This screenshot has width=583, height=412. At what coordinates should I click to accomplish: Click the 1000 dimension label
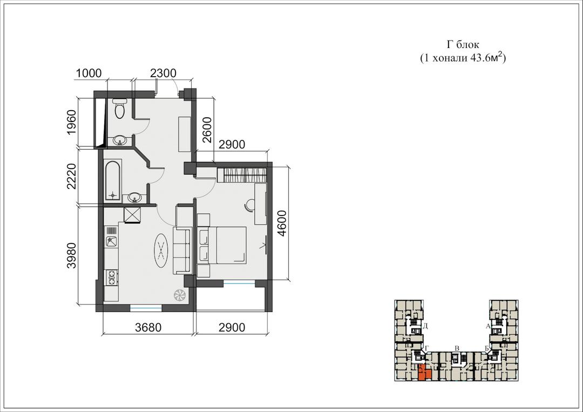tap(89, 73)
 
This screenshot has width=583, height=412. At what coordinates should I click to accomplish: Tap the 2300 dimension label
tap(163, 73)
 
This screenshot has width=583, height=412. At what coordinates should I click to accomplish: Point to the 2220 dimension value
tap(72, 176)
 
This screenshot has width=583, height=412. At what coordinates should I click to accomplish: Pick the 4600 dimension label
tap(282, 224)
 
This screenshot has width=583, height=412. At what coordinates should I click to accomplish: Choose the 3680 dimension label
tap(148, 327)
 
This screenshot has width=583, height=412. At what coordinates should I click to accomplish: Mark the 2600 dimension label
tap(207, 130)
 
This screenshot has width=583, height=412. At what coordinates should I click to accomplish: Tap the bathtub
tap(113, 180)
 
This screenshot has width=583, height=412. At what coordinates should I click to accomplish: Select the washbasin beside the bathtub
tap(134, 198)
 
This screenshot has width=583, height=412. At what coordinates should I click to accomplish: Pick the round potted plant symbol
tap(180, 295)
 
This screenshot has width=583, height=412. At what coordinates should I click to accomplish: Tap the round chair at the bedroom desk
tap(249, 205)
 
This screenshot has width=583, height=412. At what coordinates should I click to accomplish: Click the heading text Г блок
tap(463, 45)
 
